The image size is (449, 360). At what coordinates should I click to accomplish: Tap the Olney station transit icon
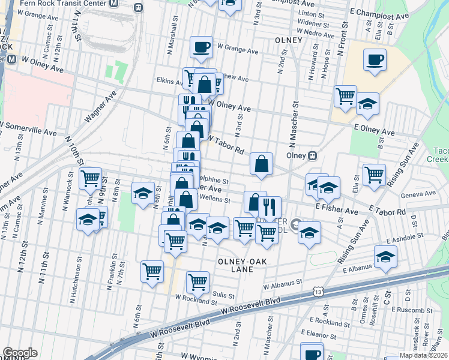(x=312, y=155)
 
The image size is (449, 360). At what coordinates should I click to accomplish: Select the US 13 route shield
(x=317, y=292)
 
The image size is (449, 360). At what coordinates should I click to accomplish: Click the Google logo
(x=20, y=353)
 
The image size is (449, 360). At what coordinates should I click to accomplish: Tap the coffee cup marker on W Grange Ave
(x=201, y=47)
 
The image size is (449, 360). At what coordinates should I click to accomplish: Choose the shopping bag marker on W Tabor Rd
(x=262, y=163)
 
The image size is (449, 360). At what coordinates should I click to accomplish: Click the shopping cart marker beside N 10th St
(x=90, y=178)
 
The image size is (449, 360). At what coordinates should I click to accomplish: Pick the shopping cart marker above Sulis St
(x=197, y=281)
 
